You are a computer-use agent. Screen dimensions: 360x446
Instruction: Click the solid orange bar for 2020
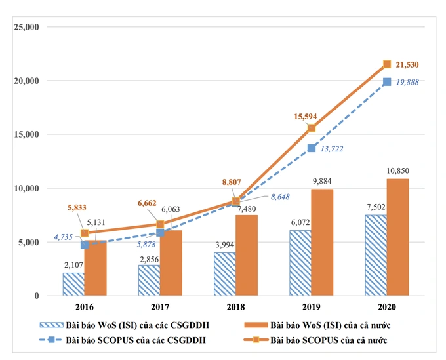[398, 237]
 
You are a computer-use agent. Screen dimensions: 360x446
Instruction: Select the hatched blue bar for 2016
[73, 284]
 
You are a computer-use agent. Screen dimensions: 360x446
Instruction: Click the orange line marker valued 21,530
[387, 64]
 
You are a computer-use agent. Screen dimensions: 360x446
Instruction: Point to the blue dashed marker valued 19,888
[387, 82]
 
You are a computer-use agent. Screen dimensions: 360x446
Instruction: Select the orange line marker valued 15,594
[312, 128]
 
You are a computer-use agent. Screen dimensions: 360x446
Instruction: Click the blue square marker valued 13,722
[312, 148]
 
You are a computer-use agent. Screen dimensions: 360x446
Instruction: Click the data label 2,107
[73, 264]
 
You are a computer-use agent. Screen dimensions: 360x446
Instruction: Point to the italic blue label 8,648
[275, 196]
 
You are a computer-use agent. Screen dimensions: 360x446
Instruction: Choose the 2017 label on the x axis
[159, 307]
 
